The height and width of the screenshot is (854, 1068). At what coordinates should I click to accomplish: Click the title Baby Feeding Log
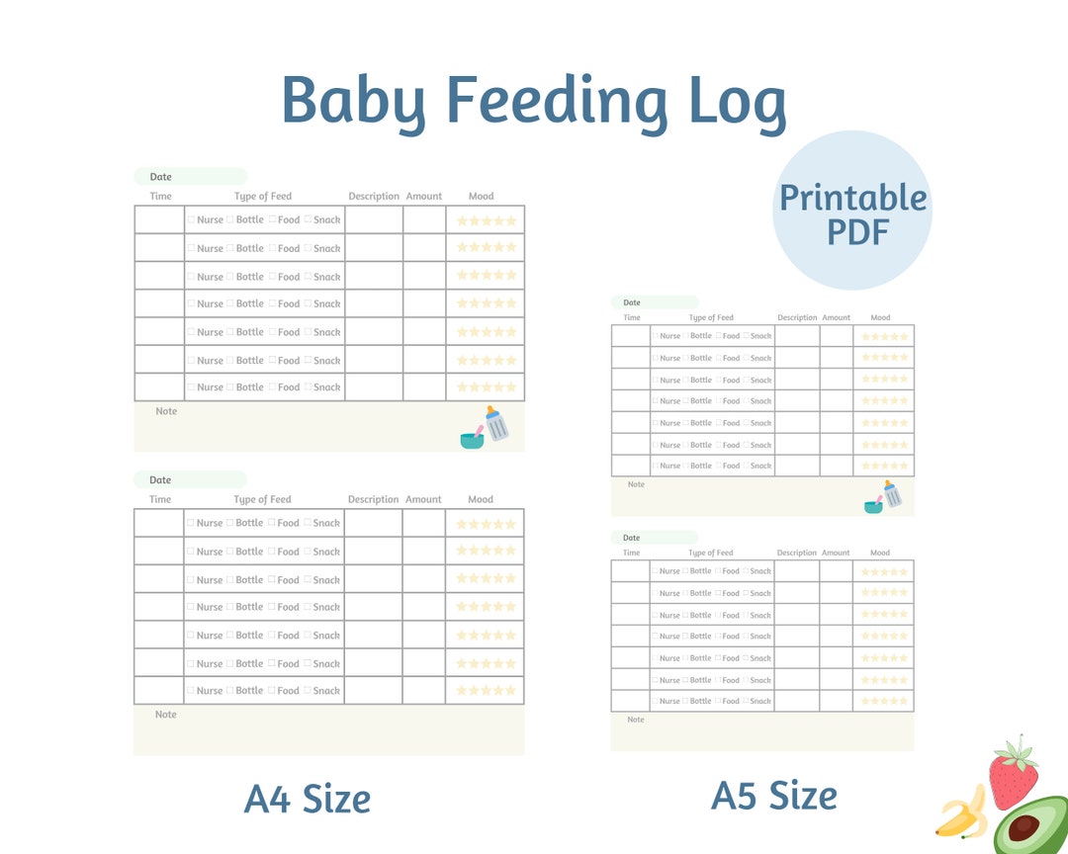point(534,102)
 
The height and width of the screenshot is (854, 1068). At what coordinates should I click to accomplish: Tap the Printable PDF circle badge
point(852,211)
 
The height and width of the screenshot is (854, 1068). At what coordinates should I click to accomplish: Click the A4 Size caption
point(308,799)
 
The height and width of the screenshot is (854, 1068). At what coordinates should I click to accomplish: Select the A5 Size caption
point(774,795)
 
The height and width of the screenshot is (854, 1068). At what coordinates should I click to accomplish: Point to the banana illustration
point(961,812)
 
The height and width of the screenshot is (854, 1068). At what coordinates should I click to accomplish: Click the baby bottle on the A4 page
point(496,423)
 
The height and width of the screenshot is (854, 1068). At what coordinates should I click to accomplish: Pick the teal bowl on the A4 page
point(473,438)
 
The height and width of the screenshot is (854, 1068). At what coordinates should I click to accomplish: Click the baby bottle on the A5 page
point(892,493)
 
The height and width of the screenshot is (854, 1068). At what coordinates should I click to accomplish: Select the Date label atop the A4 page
point(160,177)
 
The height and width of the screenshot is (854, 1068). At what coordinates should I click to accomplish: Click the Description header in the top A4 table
point(374,196)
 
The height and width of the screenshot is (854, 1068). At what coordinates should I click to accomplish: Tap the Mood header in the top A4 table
point(481,196)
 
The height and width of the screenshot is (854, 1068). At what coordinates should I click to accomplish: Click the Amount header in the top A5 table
point(837,317)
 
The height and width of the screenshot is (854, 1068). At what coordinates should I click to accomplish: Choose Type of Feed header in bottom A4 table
point(263,499)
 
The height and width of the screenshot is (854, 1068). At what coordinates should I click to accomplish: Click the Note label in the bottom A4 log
point(166,714)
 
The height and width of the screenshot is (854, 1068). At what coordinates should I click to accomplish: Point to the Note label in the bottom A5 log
point(636,720)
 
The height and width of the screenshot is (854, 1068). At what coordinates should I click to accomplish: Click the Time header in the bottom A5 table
point(632,553)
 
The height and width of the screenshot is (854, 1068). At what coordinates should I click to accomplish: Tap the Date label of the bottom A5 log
point(632,538)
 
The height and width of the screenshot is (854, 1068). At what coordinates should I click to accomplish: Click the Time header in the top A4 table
point(160,196)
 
